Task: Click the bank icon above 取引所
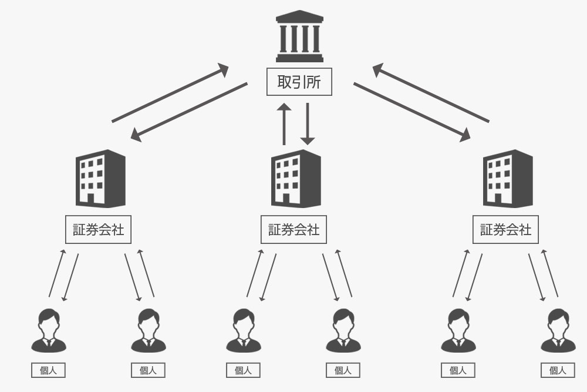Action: click(299, 36)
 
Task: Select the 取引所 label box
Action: click(299, 82)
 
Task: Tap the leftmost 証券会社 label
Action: click(98, 230)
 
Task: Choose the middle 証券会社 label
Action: click(293, 230)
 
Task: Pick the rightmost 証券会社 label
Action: click(505, 230)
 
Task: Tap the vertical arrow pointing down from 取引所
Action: click(308, 123)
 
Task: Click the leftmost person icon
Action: click(48, 331)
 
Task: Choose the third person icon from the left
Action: click(243, 331)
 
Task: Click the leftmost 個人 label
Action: click(48, 370)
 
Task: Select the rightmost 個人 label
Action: click(558, 370)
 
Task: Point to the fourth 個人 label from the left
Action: click(343, 370)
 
